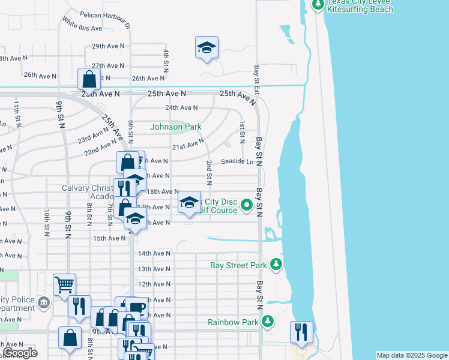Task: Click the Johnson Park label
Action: click(x=175, y=127)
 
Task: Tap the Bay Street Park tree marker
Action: click(x=276, y=264)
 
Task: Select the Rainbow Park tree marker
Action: click(x=268, y=322)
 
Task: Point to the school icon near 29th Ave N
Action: click(x=206, y=47)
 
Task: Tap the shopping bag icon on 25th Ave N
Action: click(x=89, y=79)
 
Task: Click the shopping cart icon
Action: click(x=64, y=284)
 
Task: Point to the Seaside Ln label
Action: click(x=237, y=161)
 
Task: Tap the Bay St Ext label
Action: click(x=256, y=76)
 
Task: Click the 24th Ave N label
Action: click(x=181, y=108)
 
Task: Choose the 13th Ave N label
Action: click(x=154, y=269)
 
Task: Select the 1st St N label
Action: click(x=241, y=132)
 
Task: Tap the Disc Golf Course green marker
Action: click(x=246, y=206)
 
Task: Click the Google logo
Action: click(x=20, y=353)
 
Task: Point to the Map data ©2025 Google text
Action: click(x=411, y=355)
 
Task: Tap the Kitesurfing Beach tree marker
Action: click(x=318, y=5)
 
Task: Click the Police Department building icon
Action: click(x=43, y=302)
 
